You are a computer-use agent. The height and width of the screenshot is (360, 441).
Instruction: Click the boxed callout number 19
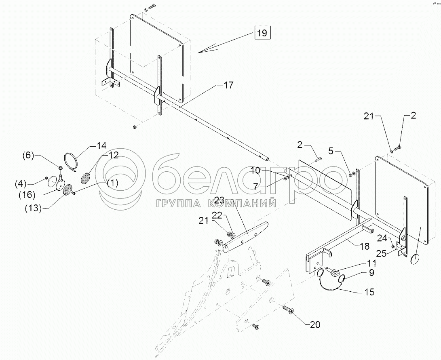click(x=262, y=33)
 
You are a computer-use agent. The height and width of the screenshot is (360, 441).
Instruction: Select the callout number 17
click(x=228, y=85)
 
